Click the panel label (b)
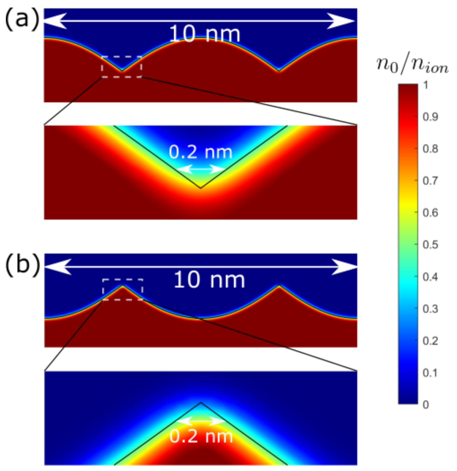[x=22, y=265]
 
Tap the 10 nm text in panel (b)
[x=209, y=280]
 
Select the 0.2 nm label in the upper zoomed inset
[x=200, y=152]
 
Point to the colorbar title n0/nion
[x=412, y=65]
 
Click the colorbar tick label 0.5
[x=430, y=245]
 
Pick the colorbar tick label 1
[x=426, y=85]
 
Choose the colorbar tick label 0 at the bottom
[x=426, y=404]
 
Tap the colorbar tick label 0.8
[x=430, y=149]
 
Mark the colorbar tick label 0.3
[x=430, y=309]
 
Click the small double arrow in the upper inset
[x=200, y=169]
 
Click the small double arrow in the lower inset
[x=201, y=421]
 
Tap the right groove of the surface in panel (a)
[x=279, y=70]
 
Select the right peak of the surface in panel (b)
[x=279, y=286]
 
